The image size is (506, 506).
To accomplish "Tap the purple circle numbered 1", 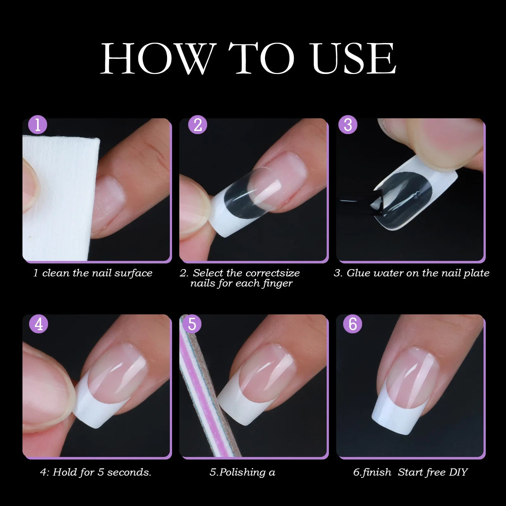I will click(38, 125).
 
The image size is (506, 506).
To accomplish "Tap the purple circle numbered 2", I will click(198, 125).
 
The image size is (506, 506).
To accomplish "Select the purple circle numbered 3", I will click(348, 125).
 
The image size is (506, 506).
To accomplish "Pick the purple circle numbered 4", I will click(39, 324).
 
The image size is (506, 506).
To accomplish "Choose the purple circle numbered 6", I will click(352, 324).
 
